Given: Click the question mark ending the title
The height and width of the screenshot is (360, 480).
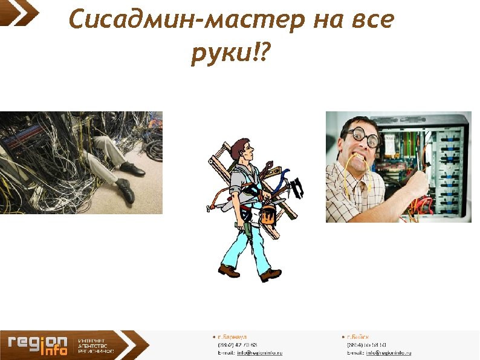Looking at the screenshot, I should pyautogui.click(x=267, y=54).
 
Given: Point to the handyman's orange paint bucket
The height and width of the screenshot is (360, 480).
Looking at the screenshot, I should pyautogui.click(x=268, y=214).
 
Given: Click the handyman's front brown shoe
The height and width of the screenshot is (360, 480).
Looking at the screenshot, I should pyautogui.click(x=270, y=275).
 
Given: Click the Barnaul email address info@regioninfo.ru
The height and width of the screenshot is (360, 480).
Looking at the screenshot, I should pyautogui.click(x=260, y=352).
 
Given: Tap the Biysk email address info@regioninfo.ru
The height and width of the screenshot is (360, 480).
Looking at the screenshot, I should pyautogui.click(x=388, y=352).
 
